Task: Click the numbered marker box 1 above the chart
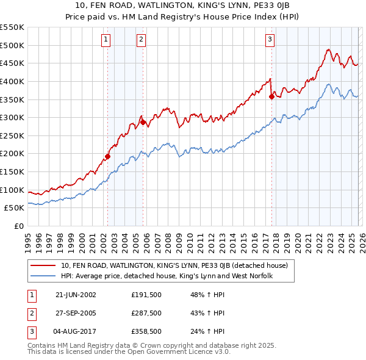(x=106, y=40)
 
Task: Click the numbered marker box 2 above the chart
(x=142, y=40)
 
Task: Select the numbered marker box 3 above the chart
(x=269, y=40)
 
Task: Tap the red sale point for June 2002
(x=108, y=156)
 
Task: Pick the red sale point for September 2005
(x=143, y=121)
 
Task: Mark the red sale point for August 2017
(x=271, y=96)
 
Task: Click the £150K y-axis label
(x=12, y=171)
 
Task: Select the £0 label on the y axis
(x=18, y=226)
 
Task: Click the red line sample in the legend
(x=44, y=265)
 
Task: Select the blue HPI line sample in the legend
(x=44, y=276)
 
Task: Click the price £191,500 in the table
(x=146, y=294)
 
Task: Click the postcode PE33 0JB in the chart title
(x=271, y=5)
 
